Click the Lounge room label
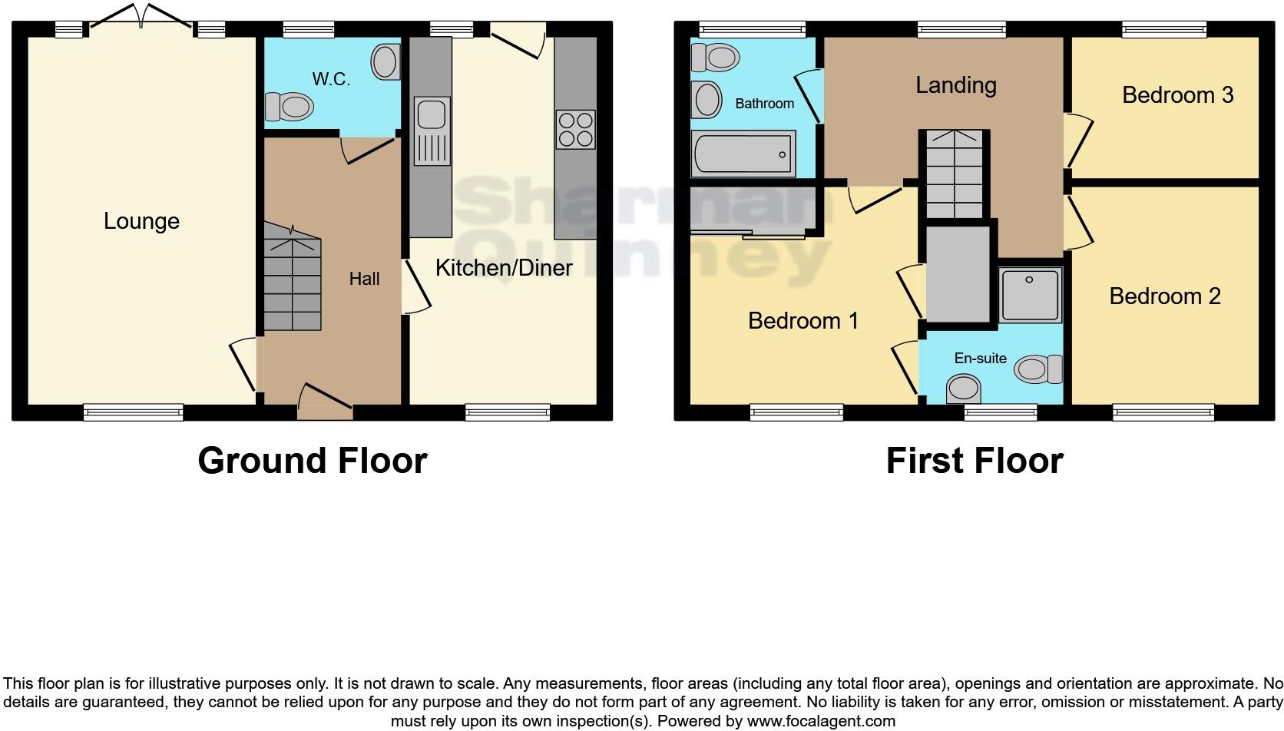click(141, 221)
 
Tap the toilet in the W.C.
click(290, 106)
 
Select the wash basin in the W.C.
click(386, 61)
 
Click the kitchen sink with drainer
click(432, 131)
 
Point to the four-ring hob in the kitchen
click(575, 129)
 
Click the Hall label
click(364, 279)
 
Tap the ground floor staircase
click(292, 276)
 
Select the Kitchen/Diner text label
click(504, 268)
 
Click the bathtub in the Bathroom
click(743, 154)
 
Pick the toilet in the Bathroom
click(715, 57)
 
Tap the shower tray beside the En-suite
click(1031, 293)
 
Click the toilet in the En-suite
click(1038, 369)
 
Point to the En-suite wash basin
click(963, 388)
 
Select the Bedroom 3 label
click(1177, 95)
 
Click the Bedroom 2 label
click(1164, 296)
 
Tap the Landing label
click(955, 85)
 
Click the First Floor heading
click(974, 461)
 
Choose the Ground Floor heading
click(312, 461)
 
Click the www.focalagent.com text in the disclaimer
click(821, 721)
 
